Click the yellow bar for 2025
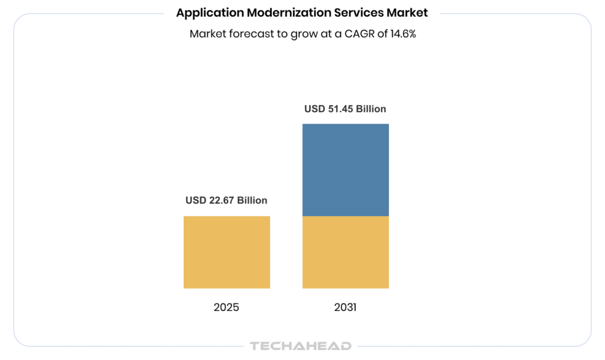click(x=227, y=252)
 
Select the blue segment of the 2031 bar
click(x=346, y=170)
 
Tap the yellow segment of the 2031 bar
click(x=346, y=252)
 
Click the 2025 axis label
click(x=227, y=307)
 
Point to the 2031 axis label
click(x=345, y=307)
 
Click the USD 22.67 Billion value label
click(x=226, y=200)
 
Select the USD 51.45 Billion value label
click(x=345, y=109)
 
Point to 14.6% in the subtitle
click(x=403, y=34)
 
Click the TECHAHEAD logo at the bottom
click(x=301, y=346)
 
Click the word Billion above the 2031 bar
click(x=371, y=109)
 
